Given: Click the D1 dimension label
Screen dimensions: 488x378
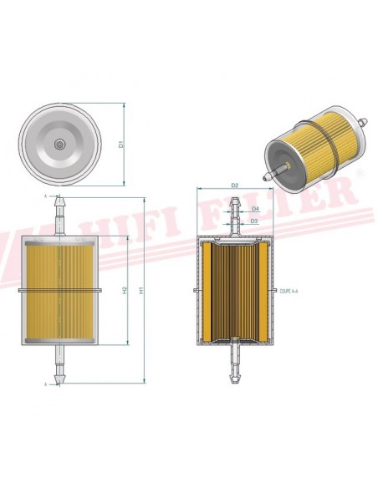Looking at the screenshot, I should [x=121, y=143].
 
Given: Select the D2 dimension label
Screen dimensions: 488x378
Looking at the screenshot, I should [x=235, y=185].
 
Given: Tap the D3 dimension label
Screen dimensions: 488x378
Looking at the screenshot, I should [x=255, y=221].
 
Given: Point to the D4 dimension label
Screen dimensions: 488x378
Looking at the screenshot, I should [x=255, y=208].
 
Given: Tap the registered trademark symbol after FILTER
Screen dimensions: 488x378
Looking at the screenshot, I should [x=360, y=173].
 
